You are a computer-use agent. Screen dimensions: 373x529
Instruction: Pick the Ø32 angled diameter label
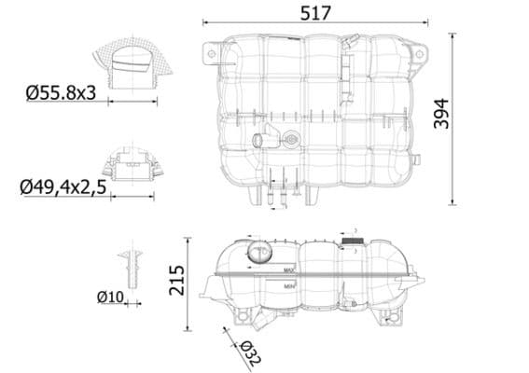coord(249,352)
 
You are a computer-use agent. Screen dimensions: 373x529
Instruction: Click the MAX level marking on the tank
coord(289,271)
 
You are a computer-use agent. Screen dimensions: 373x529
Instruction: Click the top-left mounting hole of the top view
coord(212,55)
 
